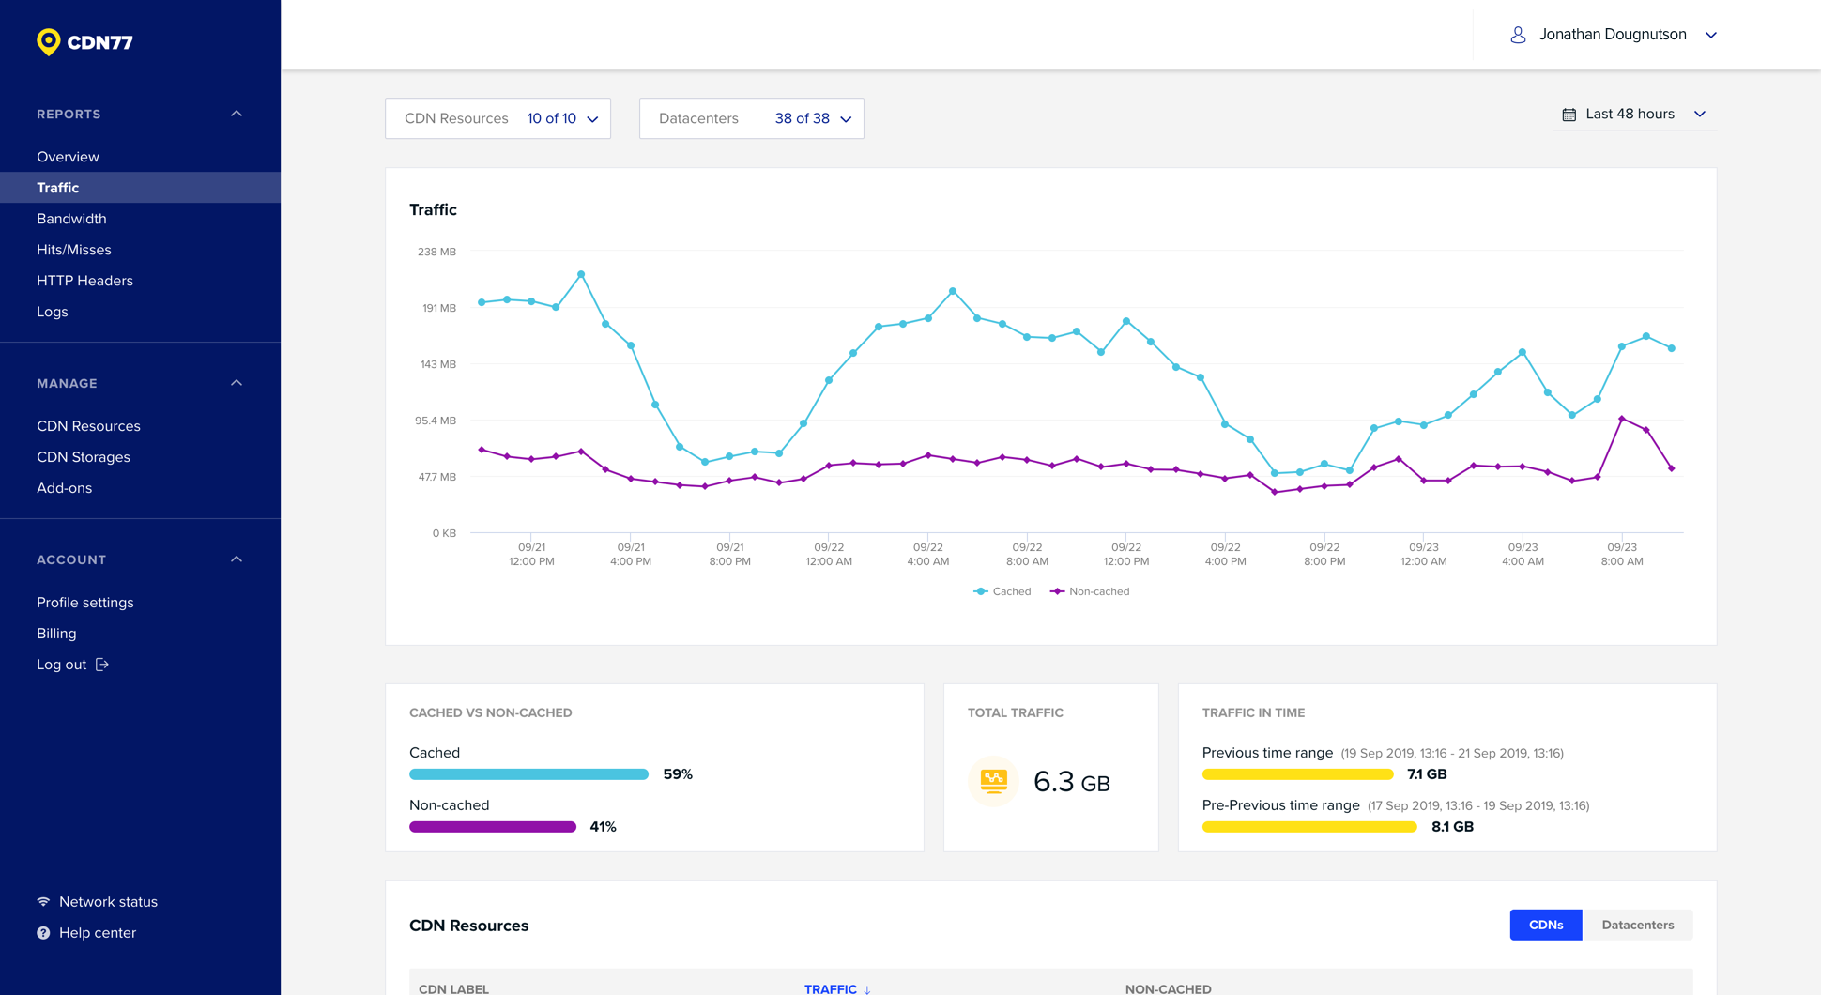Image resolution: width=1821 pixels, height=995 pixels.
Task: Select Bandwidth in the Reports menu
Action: [71, 219]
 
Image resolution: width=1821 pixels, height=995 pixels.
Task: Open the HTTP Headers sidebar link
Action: [84, 281]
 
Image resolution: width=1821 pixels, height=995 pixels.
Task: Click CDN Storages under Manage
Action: [83, 457]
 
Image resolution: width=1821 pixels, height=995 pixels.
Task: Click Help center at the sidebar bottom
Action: [97, 933]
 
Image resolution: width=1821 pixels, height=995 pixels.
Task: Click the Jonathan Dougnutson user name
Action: [1612, 35]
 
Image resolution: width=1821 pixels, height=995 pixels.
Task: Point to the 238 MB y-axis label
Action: [436, 252]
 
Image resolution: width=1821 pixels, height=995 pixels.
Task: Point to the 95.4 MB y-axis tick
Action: [436, 421]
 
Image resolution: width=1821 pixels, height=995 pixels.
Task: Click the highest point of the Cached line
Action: [581, 274]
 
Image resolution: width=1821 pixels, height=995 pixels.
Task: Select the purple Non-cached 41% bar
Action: [492, 827]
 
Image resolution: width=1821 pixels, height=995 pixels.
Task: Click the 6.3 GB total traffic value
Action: [1071, 782]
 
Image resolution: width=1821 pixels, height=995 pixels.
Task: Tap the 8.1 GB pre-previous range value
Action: [1451, 827]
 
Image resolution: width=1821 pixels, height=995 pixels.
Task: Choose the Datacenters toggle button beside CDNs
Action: [1637, 925]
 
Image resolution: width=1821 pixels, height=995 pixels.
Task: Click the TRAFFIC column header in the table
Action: [831, 988]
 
